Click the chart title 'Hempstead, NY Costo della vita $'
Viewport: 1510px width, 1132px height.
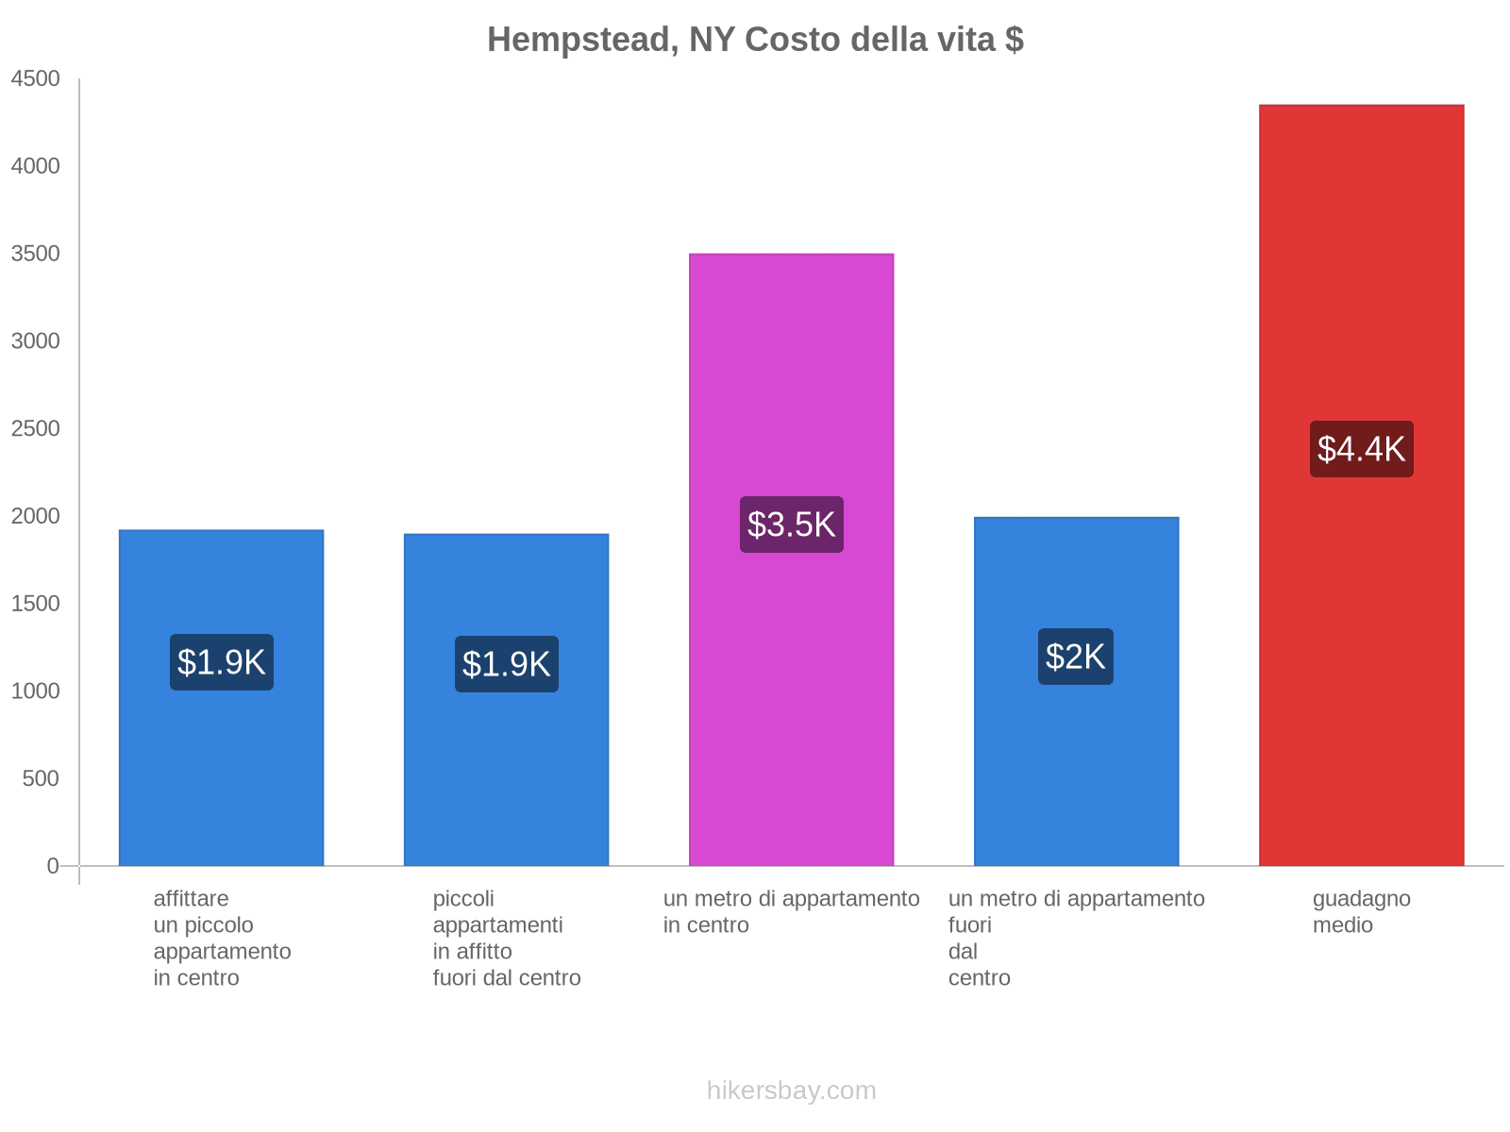pos(755,40)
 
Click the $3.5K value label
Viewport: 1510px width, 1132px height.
pos(791,524)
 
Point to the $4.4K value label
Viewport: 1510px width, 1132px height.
pos(1361,449)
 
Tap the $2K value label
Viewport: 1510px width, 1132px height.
pos(1076,657)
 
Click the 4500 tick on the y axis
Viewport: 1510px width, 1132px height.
pos(36,79)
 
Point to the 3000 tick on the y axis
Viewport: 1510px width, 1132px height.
pos(36,341)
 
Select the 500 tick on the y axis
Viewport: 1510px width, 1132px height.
pos(42,779)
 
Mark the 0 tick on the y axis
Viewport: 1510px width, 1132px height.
pos(53,866)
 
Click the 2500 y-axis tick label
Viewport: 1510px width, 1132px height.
pos(36,429)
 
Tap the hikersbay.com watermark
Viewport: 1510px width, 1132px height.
pos(791,1090)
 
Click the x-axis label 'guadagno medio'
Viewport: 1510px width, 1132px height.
pos(1361,911)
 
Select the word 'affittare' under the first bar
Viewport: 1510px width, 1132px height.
pos(191,899)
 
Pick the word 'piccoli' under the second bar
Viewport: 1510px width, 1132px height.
pos(463,899)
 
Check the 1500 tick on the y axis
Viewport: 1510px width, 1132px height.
pos(36,604)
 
